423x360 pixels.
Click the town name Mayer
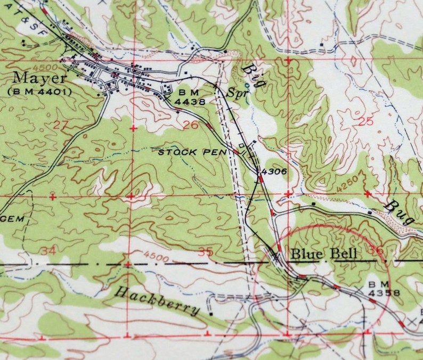pos(40,78)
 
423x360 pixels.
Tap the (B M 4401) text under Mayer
pos(39,92)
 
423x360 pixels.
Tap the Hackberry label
pos(158,301)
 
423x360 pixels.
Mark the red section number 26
pos(190,125)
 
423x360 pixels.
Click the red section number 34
pos(49,250)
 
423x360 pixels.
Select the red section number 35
pos(205,251)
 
